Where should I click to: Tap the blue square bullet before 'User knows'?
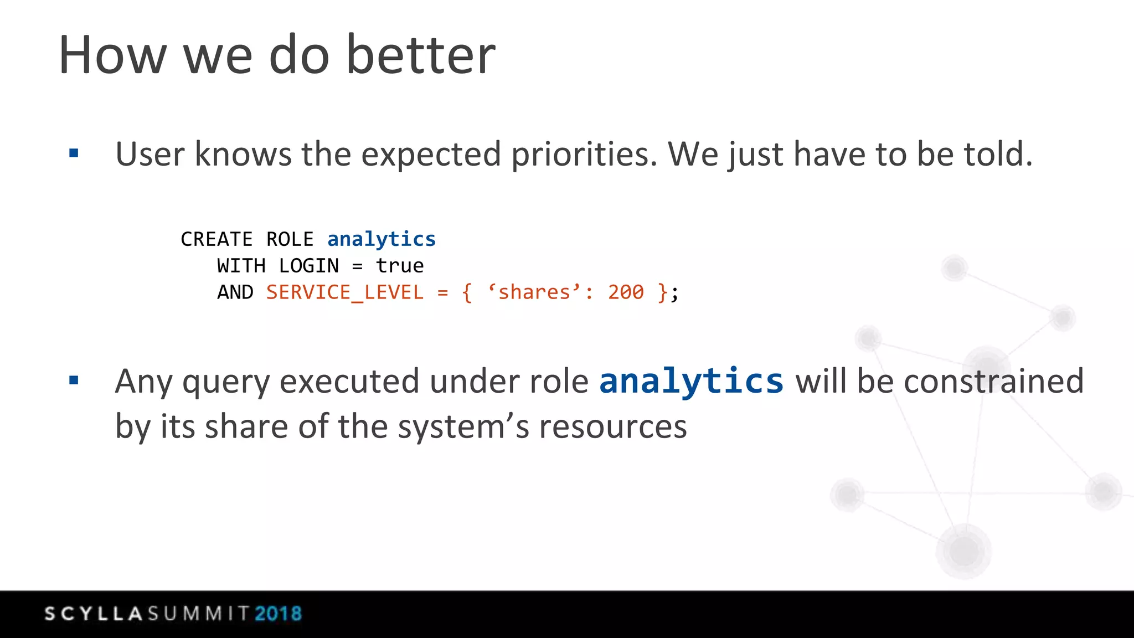pos(74,153)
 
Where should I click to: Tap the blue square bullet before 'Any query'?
pos(74,380)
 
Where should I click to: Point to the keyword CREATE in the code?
pos(217,239)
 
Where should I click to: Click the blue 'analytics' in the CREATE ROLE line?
pos(382,239)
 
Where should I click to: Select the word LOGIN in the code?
pos(308,266)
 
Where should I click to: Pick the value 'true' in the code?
pos(400,266)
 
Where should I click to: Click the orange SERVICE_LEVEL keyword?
pos(344,292)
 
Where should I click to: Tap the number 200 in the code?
pos(626,292)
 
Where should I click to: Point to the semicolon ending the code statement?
pos(674,294)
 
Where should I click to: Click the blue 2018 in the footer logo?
pos(278,614)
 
